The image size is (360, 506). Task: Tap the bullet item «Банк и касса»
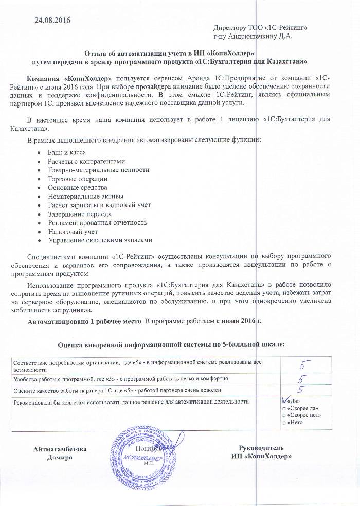pos(67,152)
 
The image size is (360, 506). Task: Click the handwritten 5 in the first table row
pos(305,365)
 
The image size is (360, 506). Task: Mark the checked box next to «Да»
pos(285,400)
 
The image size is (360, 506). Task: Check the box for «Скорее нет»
pos(284,415)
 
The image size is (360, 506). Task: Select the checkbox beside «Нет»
pos(284,423)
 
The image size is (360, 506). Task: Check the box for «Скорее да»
pos(284,408)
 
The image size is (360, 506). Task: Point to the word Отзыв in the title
pos(95,53)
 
